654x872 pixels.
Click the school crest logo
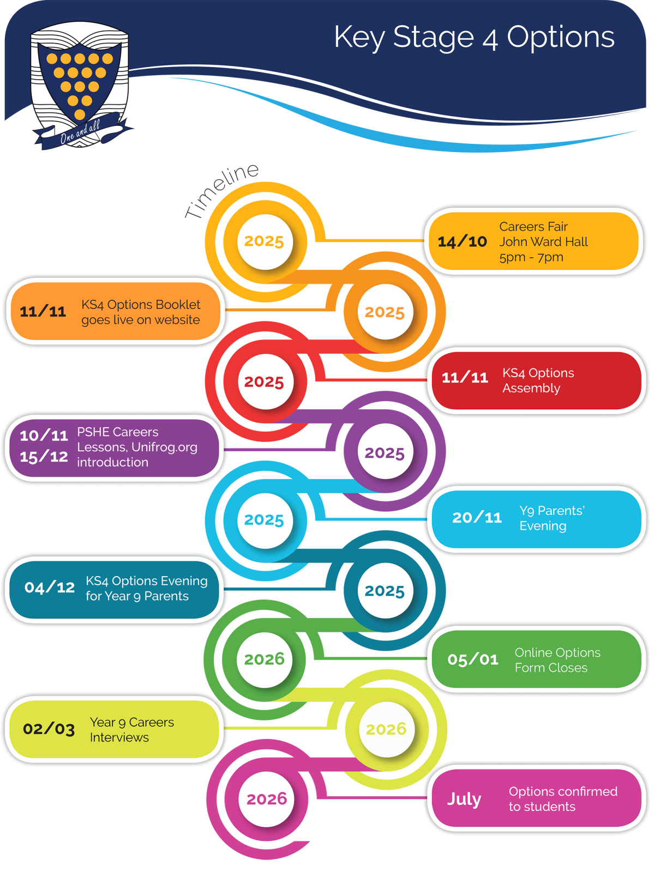coord(80,82)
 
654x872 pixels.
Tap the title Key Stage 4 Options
coord(474,38)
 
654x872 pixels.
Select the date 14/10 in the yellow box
coord(462,241)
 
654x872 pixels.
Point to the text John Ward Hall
coord(543,241)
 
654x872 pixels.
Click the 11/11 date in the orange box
coord(43,312)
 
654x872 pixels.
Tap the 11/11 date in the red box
coord(465,378)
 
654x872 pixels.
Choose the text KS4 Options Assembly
coord(538,380)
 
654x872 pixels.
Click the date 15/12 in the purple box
coord(44,457)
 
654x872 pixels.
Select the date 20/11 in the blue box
coord(477,518)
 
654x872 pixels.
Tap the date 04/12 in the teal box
coord(50,588)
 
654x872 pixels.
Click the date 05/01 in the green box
coord(473,660)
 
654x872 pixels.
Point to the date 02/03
coord(49,729)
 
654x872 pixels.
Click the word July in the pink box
coord(464,799)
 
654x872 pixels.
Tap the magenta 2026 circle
coord(266,799)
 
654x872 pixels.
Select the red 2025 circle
coord(264,382)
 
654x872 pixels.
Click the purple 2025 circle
coord(385,452)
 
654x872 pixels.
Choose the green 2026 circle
coord(265,659)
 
